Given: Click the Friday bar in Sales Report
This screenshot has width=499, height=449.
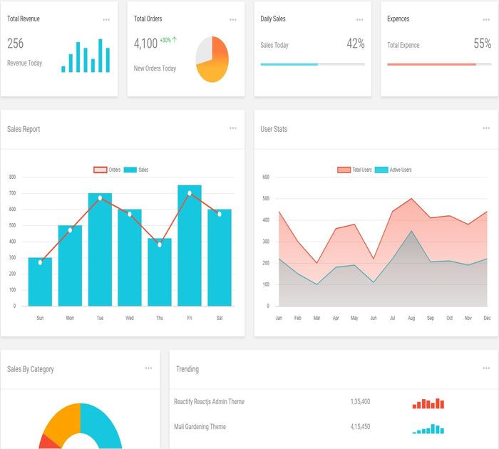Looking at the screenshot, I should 190,246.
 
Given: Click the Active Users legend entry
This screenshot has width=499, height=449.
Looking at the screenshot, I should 393,170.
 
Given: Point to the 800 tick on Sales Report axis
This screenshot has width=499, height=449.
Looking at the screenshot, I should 12,177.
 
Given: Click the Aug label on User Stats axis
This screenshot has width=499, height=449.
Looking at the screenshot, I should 411,317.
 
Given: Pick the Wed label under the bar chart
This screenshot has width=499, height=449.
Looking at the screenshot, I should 130,317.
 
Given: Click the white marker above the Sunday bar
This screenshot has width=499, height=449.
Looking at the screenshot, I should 40,262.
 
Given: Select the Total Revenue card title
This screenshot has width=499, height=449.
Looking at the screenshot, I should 24,19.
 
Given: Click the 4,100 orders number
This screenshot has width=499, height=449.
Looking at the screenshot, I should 145,43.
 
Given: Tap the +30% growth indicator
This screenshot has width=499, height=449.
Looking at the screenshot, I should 168,40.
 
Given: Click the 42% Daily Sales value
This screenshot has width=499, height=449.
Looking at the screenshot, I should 355,44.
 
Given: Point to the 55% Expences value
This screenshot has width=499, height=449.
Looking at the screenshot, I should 482,44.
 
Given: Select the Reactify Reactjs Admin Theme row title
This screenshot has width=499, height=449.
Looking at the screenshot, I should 209,402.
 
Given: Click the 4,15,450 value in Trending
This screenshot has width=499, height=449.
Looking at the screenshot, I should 360,427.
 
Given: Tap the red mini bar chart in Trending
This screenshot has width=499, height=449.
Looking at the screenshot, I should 428,403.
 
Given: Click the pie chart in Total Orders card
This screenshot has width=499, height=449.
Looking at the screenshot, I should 212,59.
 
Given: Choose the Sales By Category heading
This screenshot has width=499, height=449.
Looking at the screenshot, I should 31,369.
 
